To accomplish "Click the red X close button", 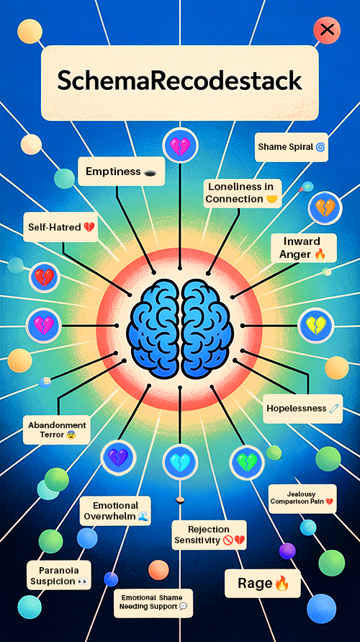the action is [326, 30].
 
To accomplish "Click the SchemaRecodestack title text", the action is [179, 81].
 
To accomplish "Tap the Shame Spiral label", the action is [292, 147].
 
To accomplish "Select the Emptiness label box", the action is [121, 171].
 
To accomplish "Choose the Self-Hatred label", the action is [60, 227].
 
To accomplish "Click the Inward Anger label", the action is [302, 248].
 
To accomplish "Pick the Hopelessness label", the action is [302, 409].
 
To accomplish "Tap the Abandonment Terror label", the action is [56, 429].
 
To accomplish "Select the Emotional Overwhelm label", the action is [115, 511].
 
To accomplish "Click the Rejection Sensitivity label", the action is [209, 535].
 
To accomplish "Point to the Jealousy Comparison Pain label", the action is [302, 499].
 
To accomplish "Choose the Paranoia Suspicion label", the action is [59, 575].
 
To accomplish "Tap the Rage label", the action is [263, 584].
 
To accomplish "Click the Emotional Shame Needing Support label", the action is [153, 602].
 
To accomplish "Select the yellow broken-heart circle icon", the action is [316, 326].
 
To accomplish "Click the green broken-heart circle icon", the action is [247, 462].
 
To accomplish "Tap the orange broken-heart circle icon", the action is [325, 208].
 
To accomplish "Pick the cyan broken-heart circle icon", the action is [180, 462].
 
